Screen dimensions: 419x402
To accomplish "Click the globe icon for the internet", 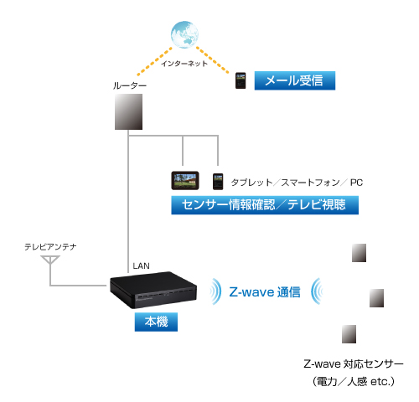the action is coord(184,34).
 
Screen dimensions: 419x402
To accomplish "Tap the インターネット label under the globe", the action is coord(184,64).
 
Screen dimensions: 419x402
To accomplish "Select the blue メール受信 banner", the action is coord(295,80).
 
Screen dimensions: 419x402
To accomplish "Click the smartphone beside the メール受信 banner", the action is coord(241,80).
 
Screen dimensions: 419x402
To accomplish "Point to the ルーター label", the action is coord(130,85).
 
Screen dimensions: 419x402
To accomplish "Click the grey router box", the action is coord(128,111).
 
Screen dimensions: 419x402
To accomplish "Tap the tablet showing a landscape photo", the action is coord(185,181).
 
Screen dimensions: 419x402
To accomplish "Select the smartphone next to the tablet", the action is coord(218,182).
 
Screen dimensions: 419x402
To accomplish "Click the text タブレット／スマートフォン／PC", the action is coord(297,183).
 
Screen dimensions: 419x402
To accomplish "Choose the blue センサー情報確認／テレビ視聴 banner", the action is coord(265,205).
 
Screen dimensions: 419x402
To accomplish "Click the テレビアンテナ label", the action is coord(50,247).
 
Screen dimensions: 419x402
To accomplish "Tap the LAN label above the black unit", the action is coord(141,265).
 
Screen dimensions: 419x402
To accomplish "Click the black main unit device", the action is coord(153,290).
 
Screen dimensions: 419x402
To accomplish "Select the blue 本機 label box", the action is coord(156,322).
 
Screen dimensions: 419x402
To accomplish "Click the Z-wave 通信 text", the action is coord(265,292).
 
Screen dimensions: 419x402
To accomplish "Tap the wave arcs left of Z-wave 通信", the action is coord(217,291).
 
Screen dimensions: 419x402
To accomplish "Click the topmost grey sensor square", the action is coord(359,253).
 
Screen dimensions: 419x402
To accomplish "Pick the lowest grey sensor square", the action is coord(349,334).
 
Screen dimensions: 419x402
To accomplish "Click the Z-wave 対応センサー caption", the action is coord(354,364).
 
